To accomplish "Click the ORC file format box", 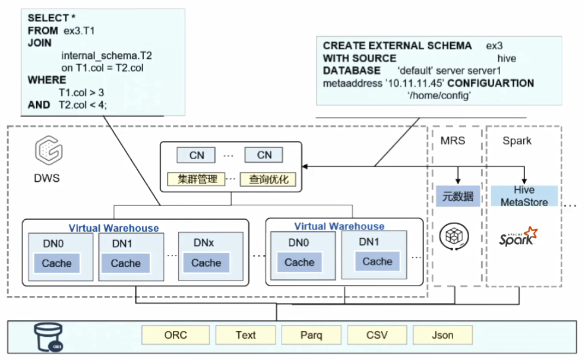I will tap(175, 335).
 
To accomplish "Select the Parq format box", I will tap(311, 335).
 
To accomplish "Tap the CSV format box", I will tap(377, 335).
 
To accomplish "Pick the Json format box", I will tap(442, 335).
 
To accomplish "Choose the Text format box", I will tap(245, 335).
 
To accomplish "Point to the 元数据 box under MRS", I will tap(458, 196).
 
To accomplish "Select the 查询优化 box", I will tap(268, 179).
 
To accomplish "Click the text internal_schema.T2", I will tap(107, 56).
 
